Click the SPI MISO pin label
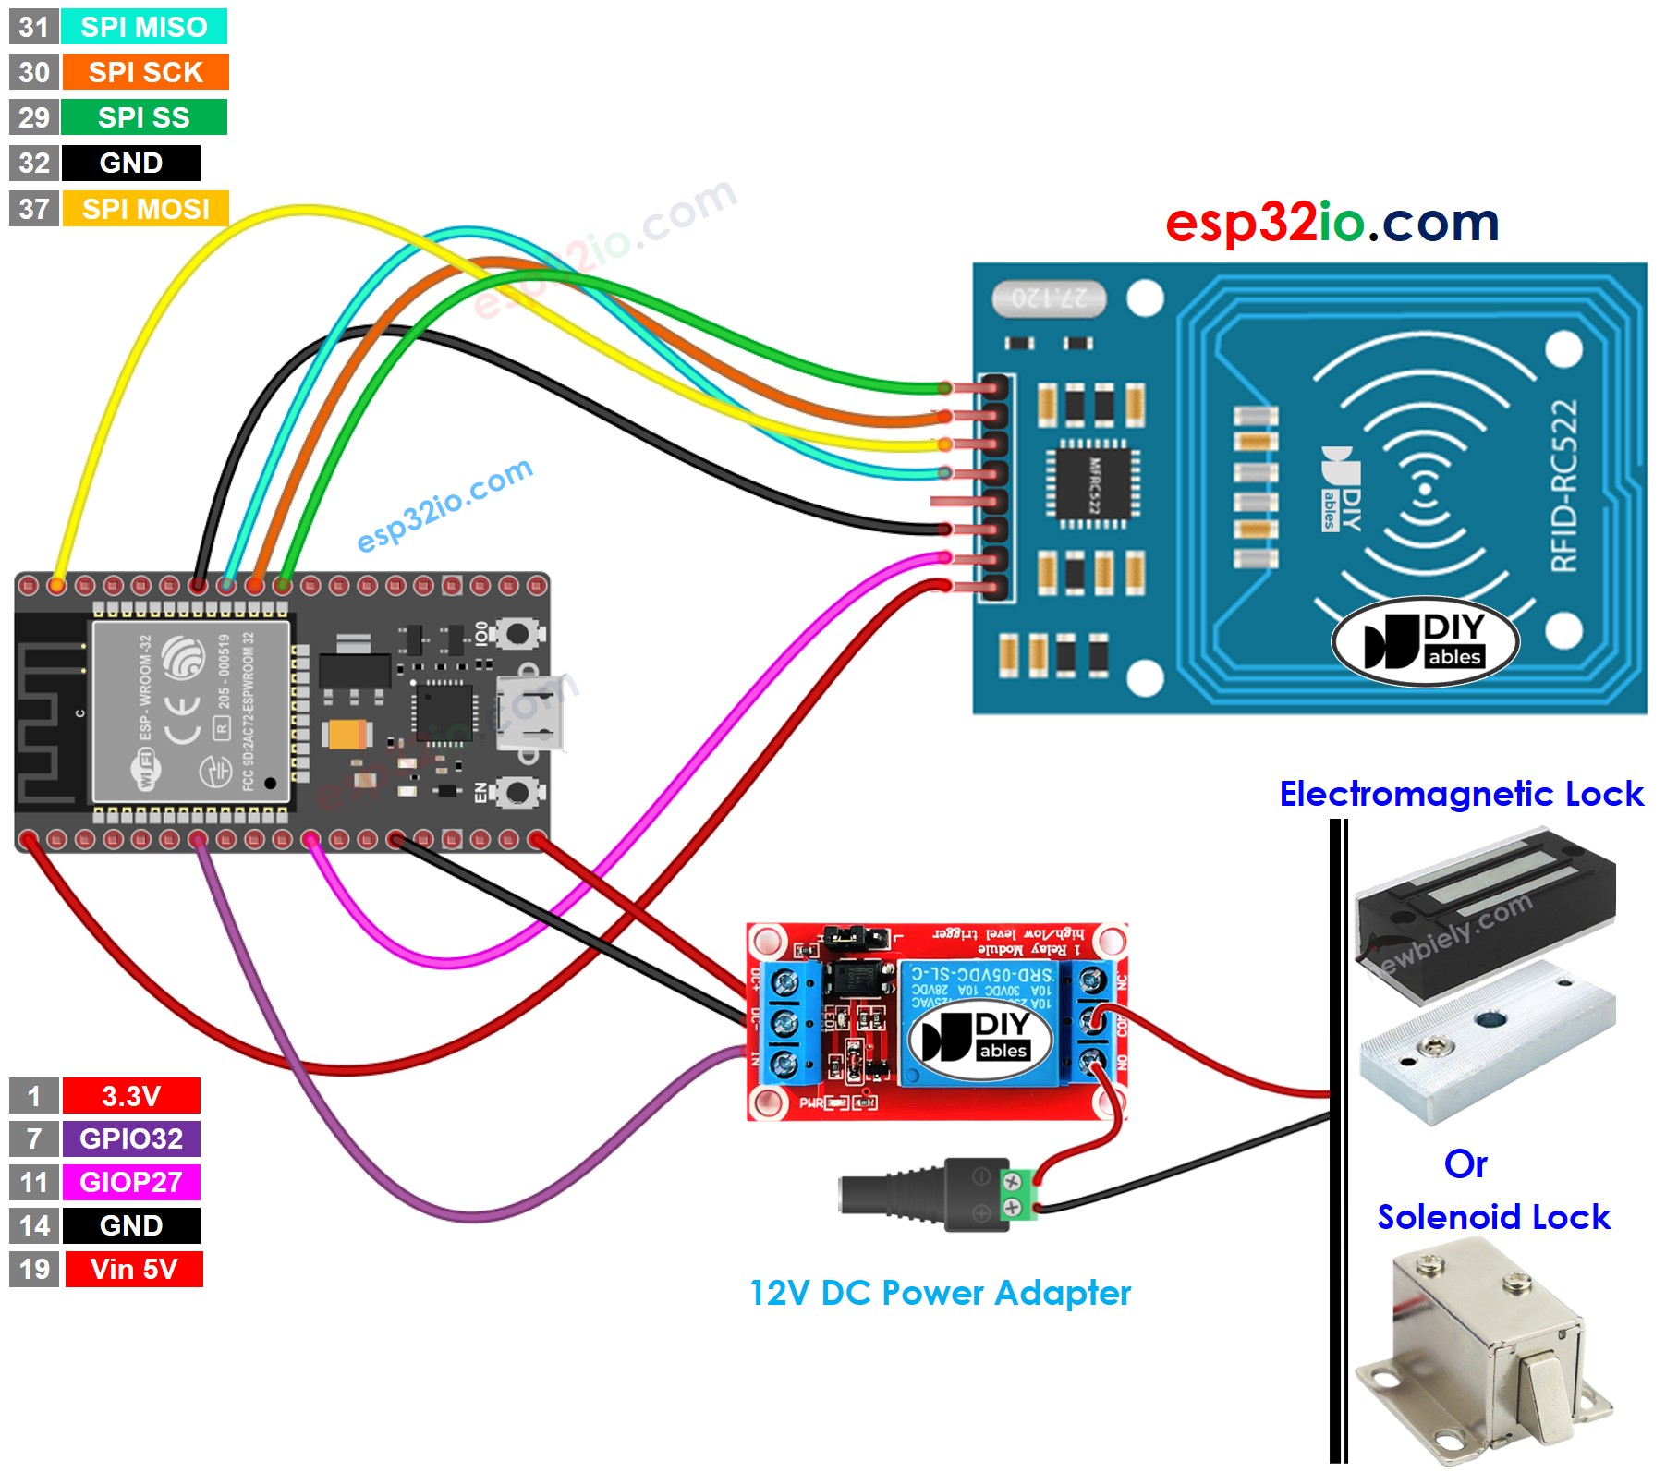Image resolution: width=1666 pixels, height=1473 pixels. click(x=143, y=27)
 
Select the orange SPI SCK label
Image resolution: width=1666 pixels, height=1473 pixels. click(x=145, y=72)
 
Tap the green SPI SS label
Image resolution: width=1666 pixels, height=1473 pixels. click(x=143, y=117)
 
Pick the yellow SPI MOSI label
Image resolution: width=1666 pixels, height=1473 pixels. click(x=145, y=209)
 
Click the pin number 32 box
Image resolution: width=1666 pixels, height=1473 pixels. click(x=34, y=164)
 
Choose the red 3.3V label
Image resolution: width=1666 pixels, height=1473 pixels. click(x=130, y=1096)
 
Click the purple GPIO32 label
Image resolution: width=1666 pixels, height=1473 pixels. click(x=130, y=1138)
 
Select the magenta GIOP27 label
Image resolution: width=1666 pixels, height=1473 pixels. click(x=130, y=1182)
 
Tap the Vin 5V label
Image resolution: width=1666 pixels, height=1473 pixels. click(x=133, y=1269)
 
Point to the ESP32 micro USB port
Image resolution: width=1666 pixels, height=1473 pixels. click(x=530, y=712)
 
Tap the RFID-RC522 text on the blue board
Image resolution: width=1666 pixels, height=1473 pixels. click(x=1563, y=485)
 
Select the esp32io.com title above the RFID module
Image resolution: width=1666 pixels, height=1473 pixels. click(x=1331, y=223)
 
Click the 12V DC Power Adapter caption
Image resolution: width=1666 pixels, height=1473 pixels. click(x=940, y=1293)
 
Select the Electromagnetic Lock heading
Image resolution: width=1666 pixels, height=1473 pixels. click(x=1461, y=794)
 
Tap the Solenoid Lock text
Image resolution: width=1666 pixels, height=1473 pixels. click(x=1493, y=1217)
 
